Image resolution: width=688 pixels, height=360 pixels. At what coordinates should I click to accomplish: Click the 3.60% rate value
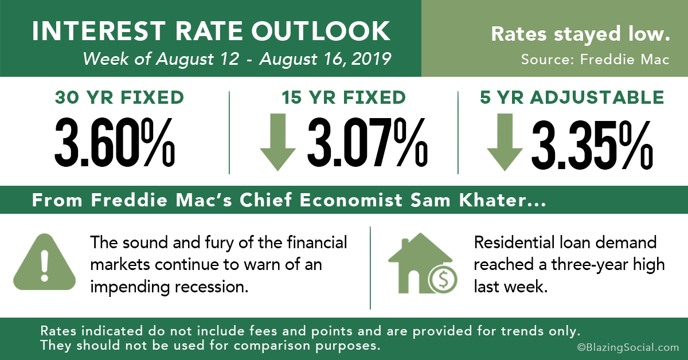click(115, 142)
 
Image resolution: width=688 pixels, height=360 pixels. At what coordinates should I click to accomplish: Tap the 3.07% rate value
click(368, 142)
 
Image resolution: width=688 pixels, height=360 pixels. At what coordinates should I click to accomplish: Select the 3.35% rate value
click(592, 144)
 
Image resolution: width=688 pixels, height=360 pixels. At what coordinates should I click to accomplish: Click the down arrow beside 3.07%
click(277, 142)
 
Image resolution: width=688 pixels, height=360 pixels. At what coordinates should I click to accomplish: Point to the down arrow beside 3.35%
click(505, 142)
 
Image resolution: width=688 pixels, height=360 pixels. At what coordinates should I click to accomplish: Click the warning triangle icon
click(45, 262)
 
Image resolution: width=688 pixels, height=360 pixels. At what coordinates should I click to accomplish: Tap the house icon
click(420, 263)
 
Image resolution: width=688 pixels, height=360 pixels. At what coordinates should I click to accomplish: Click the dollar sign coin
click(443, 280)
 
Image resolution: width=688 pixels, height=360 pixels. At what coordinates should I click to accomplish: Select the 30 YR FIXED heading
click(119, 97)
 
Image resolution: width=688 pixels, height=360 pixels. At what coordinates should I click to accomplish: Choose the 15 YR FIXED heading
click(344, 97)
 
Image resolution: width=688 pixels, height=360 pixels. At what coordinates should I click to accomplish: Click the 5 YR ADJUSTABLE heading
click(572, 97)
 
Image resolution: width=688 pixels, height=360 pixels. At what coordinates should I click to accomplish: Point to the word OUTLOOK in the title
click(320, 32)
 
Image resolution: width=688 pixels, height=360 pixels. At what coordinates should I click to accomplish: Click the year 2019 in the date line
click(371, 58)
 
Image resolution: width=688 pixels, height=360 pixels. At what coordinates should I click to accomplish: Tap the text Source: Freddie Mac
click(595, 59)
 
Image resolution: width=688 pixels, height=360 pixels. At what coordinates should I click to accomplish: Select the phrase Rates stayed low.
click(580, 34)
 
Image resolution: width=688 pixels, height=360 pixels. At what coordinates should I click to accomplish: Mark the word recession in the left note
click(212, 287)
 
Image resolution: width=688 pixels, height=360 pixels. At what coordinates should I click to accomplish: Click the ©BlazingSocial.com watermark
click(628, 347)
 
